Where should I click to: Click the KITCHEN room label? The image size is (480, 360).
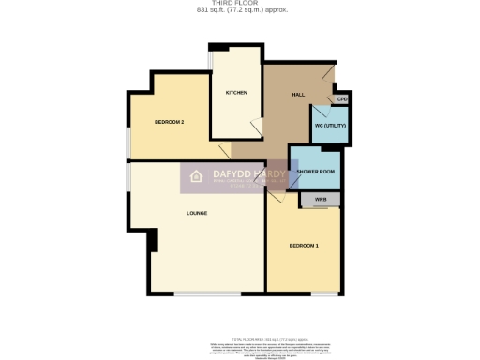(x=235, y=93)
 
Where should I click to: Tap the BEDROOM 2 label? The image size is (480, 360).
(x=169, y=123)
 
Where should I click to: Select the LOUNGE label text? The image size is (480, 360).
(x=196, y=213)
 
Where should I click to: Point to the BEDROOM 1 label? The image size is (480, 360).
(x=304, y=245)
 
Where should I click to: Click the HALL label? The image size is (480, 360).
(x=298, y=94)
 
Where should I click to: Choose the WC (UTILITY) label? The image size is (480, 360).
(x=330, y=125)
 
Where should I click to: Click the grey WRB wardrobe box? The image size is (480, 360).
(x=320, y=200)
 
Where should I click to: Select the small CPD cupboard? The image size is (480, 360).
(x=342, y=99)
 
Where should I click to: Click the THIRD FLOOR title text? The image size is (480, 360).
(x=240, y=4)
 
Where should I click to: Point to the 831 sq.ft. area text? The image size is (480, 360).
(x=240, y=10)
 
